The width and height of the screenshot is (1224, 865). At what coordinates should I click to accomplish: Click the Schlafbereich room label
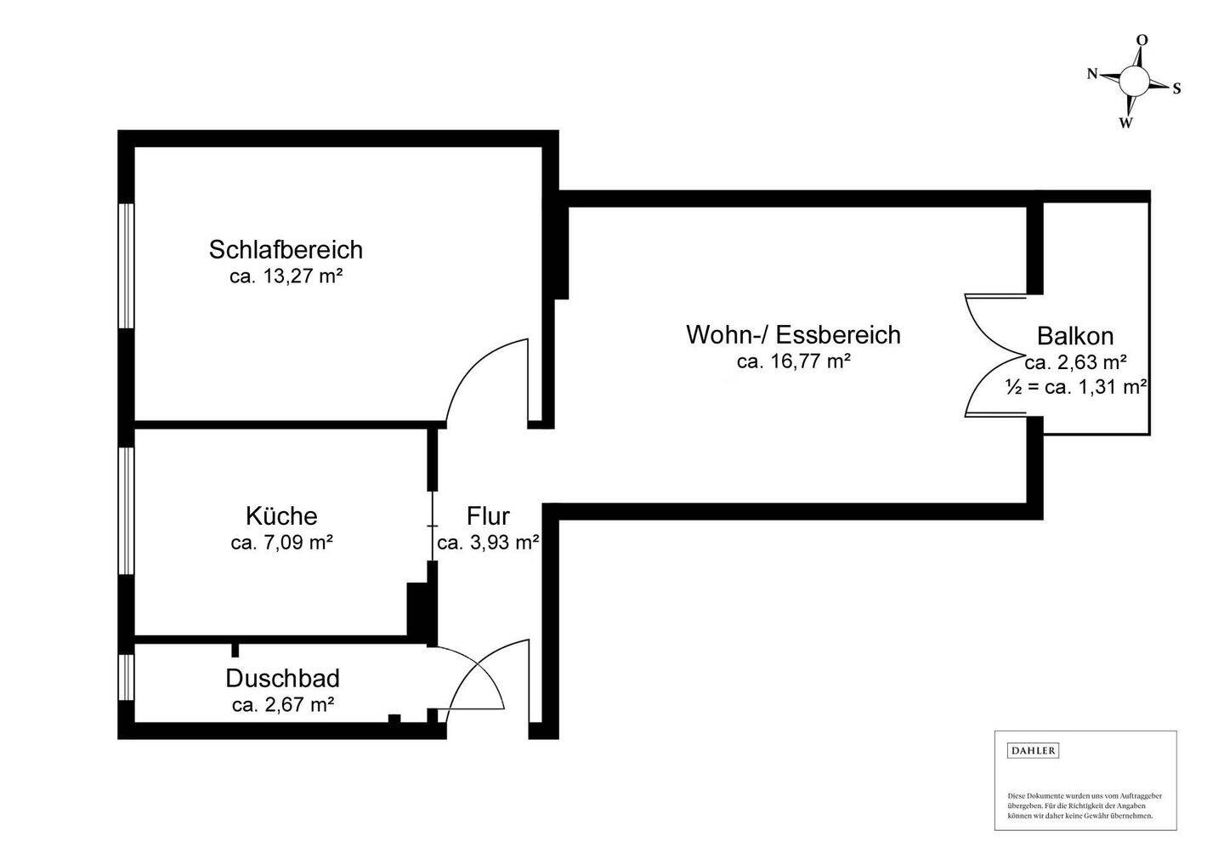286,250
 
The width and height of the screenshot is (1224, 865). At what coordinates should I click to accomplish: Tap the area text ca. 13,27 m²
286,276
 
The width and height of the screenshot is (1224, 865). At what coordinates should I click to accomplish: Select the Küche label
281,515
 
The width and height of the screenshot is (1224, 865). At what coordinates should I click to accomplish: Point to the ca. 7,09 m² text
282,543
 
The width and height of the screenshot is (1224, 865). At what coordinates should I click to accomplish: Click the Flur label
488,515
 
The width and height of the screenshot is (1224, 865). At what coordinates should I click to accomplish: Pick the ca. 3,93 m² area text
489,543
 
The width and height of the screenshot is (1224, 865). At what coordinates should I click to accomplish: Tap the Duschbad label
282,679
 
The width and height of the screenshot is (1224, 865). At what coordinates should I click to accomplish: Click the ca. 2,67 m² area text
283,705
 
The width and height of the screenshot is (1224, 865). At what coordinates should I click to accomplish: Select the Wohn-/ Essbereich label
793,334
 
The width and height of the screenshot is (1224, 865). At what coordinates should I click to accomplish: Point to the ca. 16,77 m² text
793,361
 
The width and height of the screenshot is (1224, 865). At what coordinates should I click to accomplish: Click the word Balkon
1074,336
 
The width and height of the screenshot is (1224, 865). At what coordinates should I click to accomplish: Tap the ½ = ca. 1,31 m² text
1076,387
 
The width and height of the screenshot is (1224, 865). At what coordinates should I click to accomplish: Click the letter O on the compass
1142,40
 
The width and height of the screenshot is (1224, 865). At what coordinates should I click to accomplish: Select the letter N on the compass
1092,74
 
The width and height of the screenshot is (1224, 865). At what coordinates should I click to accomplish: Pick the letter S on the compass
1176,88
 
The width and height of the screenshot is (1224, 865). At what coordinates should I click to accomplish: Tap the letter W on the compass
1125,123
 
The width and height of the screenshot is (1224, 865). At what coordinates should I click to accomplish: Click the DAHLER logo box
1033,751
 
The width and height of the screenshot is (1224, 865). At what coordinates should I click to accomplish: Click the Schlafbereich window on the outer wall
126,266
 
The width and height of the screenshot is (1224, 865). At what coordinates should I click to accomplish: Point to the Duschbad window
126,677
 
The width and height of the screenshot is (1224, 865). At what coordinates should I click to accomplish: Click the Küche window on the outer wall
126,510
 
